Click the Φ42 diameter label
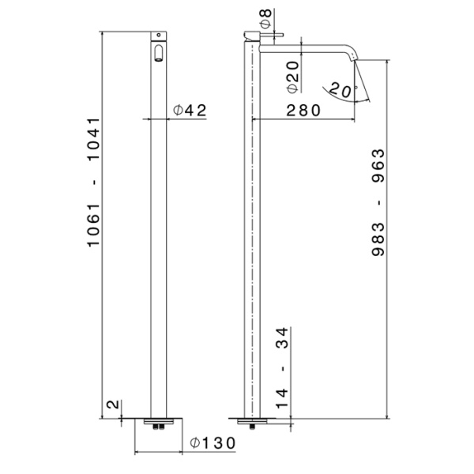(190, 111)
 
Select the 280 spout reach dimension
(303, 111)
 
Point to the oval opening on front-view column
(160, 54)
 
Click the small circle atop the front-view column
(160, 36)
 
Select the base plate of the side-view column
(252, 419)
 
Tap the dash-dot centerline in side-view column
(252, 237)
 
